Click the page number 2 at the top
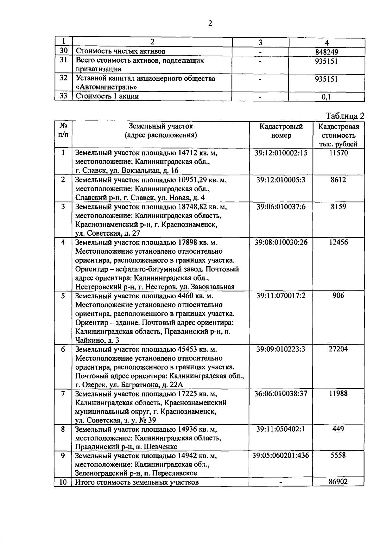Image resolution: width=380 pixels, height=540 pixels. (210, 23)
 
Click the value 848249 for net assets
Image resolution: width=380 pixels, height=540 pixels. (326, 52)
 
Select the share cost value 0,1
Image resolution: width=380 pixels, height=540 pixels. (326, 97)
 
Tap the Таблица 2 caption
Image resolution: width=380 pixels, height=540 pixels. (345, 116)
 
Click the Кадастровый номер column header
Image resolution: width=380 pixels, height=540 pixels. (281, 131)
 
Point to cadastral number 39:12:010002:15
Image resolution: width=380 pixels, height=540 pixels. (281, 153)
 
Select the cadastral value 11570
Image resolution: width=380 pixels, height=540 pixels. (338, 153)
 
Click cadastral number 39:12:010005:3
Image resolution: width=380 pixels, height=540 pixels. (281, 180)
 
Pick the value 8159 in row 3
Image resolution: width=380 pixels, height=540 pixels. (338, 207)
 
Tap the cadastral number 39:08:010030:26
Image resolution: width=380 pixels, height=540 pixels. (281, 242)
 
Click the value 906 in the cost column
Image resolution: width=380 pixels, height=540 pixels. (338, 295)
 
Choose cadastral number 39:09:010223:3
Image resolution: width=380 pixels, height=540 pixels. (281, 349)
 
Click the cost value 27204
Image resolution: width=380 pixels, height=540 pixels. (338, 349)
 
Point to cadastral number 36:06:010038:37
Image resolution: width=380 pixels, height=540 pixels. (281, 394)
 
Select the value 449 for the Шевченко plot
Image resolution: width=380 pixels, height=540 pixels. (338, 429)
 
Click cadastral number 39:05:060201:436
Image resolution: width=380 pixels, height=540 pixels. (281, 455)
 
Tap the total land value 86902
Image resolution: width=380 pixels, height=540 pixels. (338, 482)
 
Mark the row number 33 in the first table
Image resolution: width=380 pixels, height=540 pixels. (63, 96)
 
